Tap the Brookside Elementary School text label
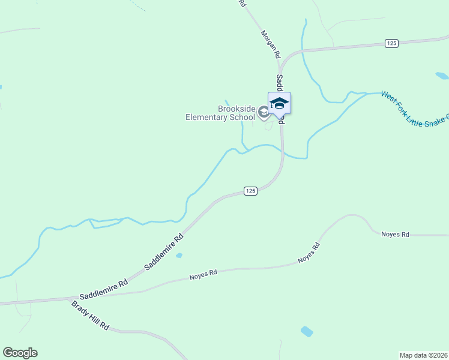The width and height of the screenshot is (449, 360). (220, 113)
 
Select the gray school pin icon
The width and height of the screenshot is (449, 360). (263, 112)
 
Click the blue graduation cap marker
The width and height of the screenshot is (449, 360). (279, 103)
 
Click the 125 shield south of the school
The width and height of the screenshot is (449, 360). (251, 191)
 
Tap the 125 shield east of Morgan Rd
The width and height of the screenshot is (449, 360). (391, 43)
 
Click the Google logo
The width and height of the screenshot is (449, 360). (20, 353)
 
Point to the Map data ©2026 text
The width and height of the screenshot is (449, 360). (423, 355)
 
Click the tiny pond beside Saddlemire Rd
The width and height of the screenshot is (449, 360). (179, 256)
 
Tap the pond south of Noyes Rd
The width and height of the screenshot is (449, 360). (307, 331)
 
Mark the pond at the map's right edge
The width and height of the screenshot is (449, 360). (442, 76)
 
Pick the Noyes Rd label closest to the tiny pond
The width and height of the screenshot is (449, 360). (203, 275)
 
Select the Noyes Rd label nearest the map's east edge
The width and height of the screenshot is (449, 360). (395, 235)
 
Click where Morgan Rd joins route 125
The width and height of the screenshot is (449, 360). (280, 60)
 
